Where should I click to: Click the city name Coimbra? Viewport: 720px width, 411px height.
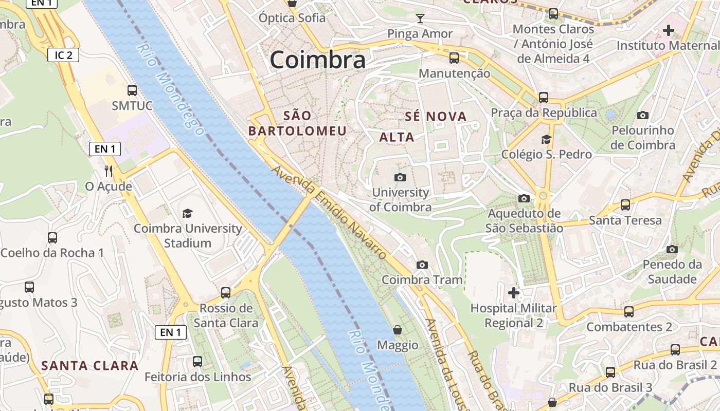[x=317, y=60]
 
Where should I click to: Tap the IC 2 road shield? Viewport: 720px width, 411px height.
[x=63, y=55]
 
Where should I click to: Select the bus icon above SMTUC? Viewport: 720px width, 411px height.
[x=132, y=90]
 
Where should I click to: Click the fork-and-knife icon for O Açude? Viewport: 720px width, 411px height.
[x=109, y=171]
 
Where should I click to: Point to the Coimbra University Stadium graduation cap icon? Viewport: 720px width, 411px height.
[x=188, y=213]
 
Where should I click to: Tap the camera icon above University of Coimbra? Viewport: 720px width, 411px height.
[x=400, y=177]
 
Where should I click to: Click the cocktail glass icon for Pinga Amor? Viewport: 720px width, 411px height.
[x=420, y=19]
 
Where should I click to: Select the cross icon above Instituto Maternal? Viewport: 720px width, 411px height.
[x=668, y=30]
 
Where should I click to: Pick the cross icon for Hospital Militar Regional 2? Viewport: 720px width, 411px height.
[x=513, y=293]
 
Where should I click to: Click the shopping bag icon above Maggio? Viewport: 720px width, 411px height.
[x=397, y=329]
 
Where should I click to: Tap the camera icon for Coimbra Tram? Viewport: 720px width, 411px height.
[x=422, y=265]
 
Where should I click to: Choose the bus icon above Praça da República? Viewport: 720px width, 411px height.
[x=544, y=97]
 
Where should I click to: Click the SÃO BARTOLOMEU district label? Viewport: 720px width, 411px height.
[x=297, y=123]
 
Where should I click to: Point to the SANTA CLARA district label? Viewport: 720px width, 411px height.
[x=90, y=366]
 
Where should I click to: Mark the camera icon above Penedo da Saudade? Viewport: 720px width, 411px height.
[x=672, y=249]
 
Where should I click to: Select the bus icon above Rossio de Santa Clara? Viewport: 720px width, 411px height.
[x=226, y=293]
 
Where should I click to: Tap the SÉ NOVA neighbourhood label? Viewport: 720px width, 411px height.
[x=436, y=117]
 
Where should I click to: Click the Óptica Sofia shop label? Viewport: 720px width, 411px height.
[x=292, y=18]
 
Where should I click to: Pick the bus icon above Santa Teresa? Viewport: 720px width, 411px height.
[x=625, y=205]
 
